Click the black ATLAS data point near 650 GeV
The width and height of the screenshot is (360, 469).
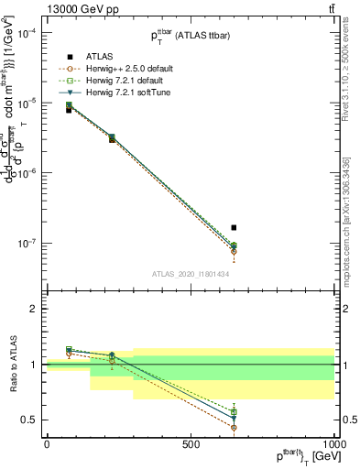(234, 227)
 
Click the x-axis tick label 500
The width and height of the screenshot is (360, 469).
(191, 444)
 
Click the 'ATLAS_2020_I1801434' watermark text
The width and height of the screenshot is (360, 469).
(191, 274)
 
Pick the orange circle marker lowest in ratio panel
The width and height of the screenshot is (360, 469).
(234, 427)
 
